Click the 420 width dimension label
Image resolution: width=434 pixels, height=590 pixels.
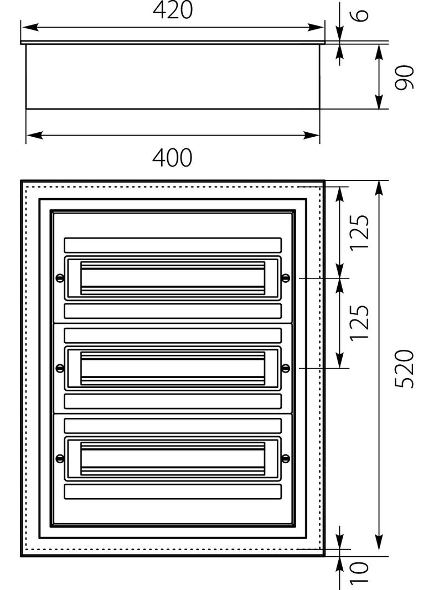point(173,10)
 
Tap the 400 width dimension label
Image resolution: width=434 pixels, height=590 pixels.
point(172,158)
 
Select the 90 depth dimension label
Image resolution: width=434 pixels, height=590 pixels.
point(404,77)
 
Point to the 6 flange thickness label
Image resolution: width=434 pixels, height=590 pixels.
point(361,15)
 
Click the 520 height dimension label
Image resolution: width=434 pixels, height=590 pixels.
point(404,369)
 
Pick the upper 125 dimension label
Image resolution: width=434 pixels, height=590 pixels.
point(359,232)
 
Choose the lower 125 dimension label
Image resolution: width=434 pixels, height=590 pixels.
point(359,323)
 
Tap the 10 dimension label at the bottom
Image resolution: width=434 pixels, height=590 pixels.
point(359,573)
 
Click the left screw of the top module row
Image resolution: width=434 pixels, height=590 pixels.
point(59,278)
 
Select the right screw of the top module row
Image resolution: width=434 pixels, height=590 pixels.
point(286,278)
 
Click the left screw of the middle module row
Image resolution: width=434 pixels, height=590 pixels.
point(59,368)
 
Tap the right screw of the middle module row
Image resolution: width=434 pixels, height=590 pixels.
point(286,368)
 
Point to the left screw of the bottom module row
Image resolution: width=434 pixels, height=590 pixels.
point(59,458)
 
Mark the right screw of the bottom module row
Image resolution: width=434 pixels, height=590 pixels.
point(286,458)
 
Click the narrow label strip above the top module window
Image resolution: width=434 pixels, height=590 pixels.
point(173,245)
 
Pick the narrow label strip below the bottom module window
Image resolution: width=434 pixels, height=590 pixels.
point(173,492)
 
